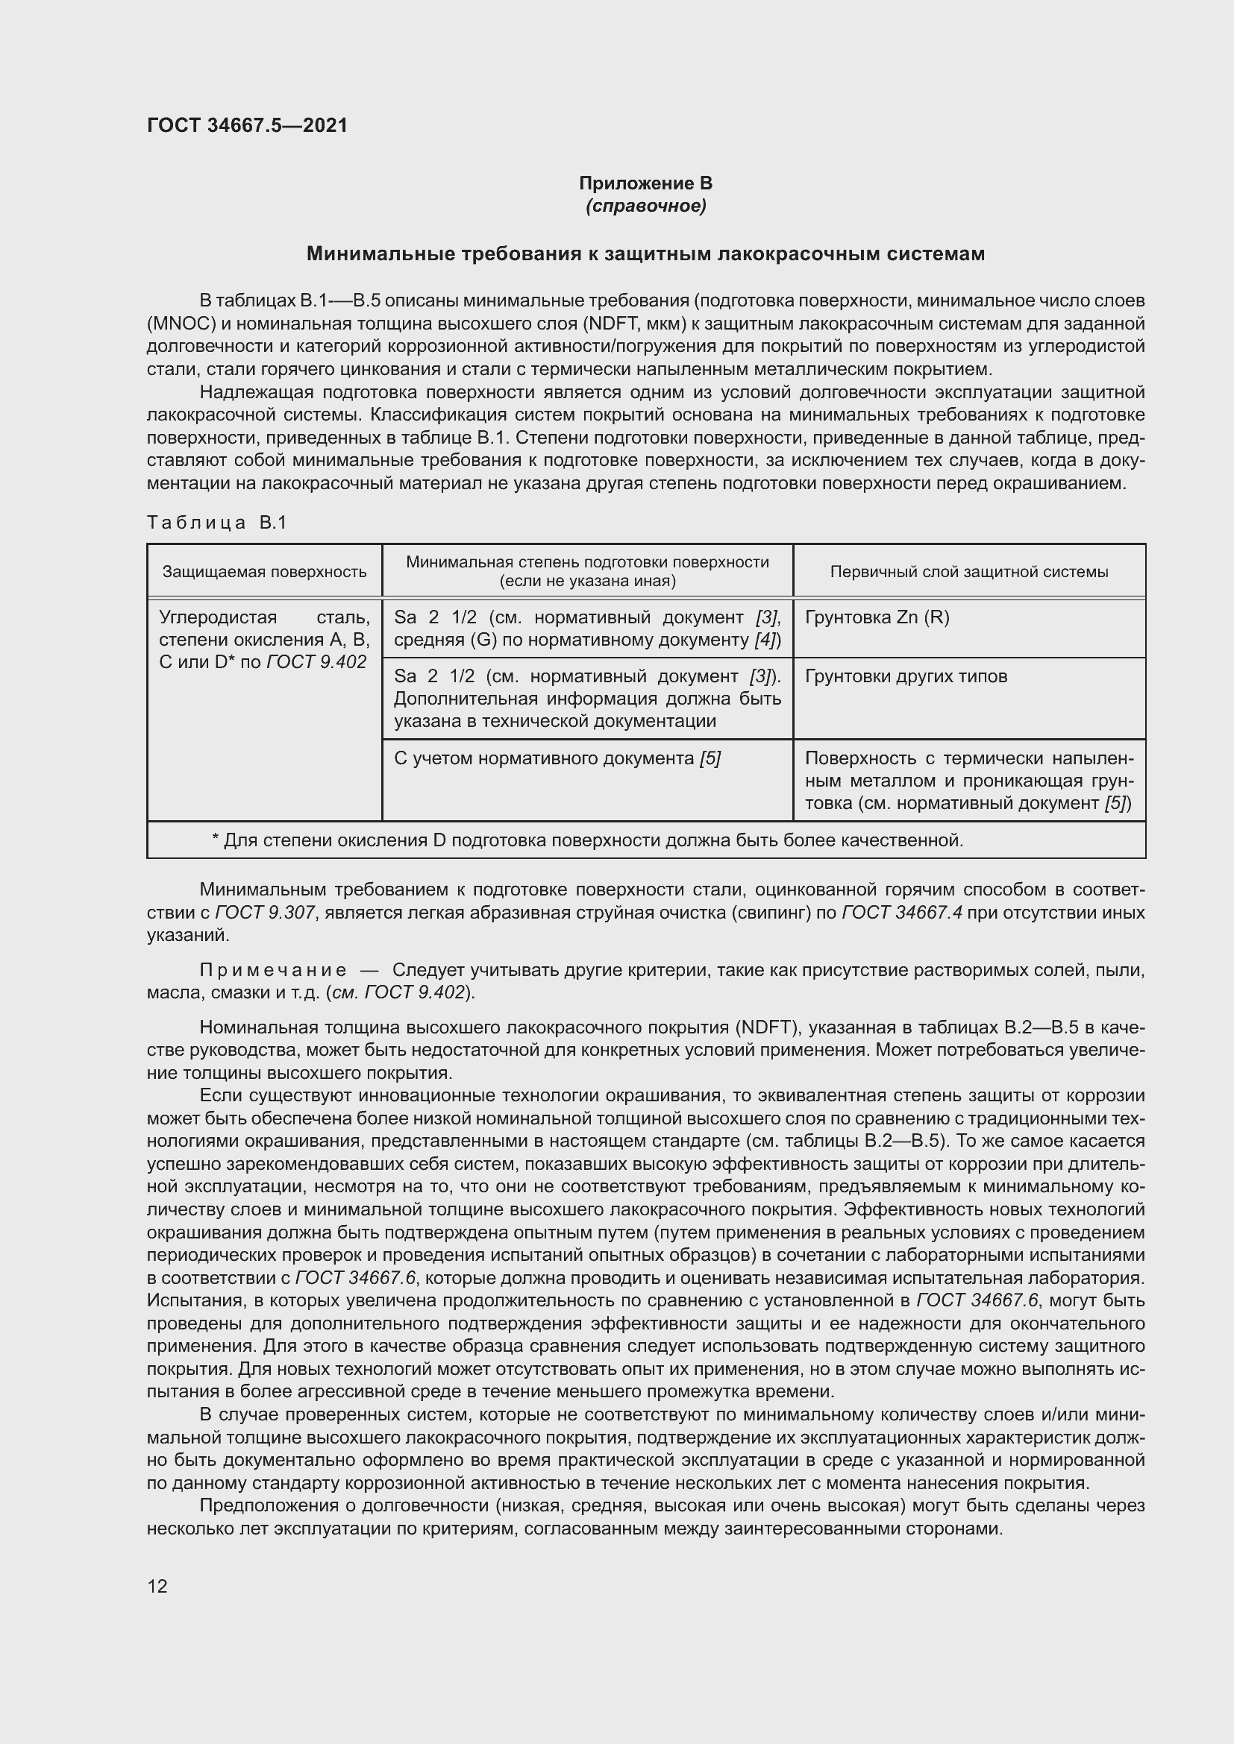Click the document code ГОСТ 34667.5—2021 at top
(x=247, y=125)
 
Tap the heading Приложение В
(x=645, y=183)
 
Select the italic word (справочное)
(x=645, y=206)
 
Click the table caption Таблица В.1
(x=216, y=523)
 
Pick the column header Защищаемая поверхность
(x=264, y=571)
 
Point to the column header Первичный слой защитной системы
(x=969, y=571)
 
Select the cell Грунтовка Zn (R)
(x=877, y=617)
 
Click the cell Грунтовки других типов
(x=906, y=676)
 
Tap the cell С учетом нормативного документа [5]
(x=557, y=758)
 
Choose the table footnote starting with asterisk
(x=586, y=840)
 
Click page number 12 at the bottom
(x=157, y=1586)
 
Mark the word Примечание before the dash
(x=274, y=970)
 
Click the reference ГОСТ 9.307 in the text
(x=263, y=912)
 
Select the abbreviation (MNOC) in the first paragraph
(x=182, y=324)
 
